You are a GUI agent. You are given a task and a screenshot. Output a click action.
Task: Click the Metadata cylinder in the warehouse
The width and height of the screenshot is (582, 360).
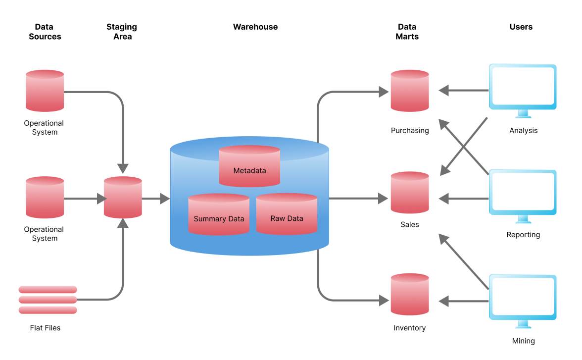[249, 166]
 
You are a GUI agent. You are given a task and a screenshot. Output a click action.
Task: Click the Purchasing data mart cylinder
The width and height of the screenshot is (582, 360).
[409, 91]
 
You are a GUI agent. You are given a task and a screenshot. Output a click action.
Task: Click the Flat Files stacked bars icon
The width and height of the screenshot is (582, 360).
[48, 300]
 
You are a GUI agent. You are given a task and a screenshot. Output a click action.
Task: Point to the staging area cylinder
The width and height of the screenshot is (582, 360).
[123, 198]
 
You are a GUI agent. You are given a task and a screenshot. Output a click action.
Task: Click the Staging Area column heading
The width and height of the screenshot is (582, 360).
[122, 32]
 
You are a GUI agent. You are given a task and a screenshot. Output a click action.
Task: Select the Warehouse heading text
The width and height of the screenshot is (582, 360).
[255, 27]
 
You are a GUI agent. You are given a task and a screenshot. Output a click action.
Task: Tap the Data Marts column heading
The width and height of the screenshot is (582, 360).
[407, 32]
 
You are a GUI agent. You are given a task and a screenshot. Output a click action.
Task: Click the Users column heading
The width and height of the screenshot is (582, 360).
[521, 27]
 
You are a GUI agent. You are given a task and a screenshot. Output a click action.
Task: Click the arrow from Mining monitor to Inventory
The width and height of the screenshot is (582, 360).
[463, 301]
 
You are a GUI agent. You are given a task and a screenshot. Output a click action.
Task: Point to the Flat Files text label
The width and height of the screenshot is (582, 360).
[45, 328]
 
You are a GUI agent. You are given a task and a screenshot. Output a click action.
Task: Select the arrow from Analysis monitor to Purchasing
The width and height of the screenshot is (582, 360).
[463, 91]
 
